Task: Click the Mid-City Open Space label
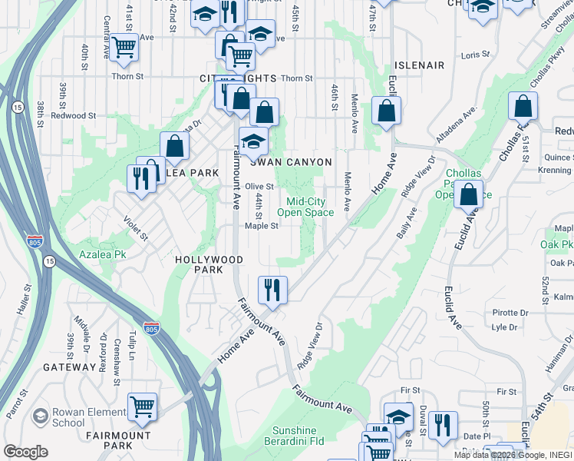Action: [x=305, y=207]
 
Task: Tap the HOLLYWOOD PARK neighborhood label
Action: [x=209, y=265]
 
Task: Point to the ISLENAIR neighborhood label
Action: [x=419, y=65]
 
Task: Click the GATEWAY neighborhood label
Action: [x=68, y=367]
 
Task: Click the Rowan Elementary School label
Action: [x=68, y=417]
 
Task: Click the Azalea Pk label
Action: [x=101, y=254]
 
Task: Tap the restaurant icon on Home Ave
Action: [x=272, y=290]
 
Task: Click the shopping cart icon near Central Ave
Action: [x=123, y=47]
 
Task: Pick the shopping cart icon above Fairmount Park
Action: [x=142, y=407]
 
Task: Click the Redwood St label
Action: [x=73, y=115]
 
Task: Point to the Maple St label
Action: [x=261, y=226]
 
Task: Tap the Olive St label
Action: [x=259, y=186]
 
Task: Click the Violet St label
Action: [x=136, y=227]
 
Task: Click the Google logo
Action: [x=26, y=452]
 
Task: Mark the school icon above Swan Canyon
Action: [x=252, y=141]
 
